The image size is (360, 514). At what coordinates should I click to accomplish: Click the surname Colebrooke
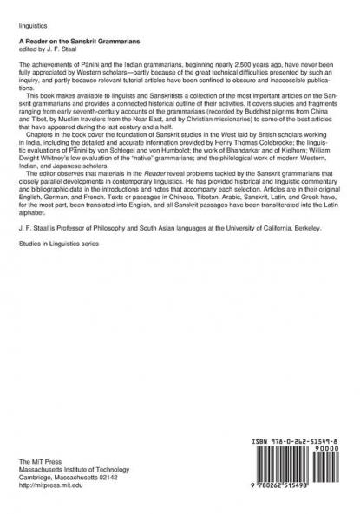pos(276,163)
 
